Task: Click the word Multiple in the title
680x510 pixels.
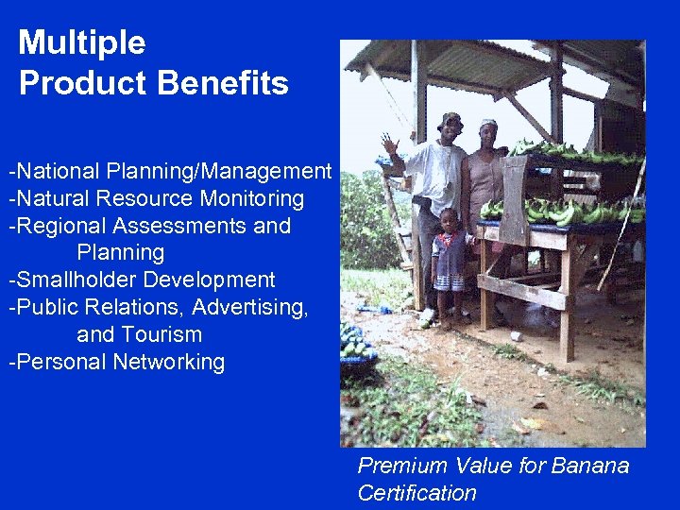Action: pyautogui.click(x=82, y=43)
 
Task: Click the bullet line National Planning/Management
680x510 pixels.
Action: pyautogui.click(x=170, y=172)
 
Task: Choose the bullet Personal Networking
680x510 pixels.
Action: pyautogui.click(x=117, y=362)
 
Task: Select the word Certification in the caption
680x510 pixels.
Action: pyautogui.click(x=416, y=493)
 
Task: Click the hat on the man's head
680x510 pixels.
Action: pyautogui.click(x=451, y=119)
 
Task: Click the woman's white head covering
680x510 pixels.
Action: pyautogui.click(x=488, y=124)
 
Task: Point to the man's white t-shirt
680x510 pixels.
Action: pyautogui.click(x=437, y=175)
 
